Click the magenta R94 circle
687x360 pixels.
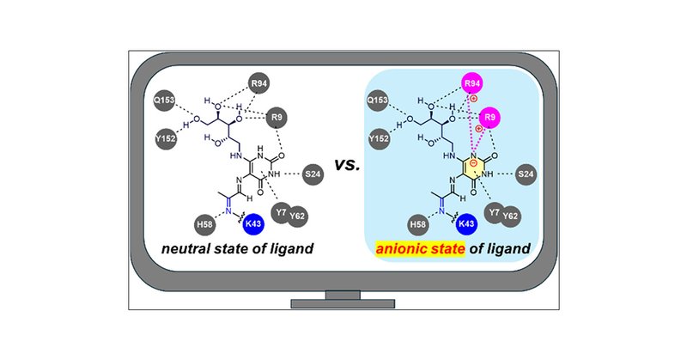click(x=471, y=84)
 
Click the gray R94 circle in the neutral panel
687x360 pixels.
click(x=258, y=84)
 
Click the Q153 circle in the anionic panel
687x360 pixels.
click(x=377, y=101)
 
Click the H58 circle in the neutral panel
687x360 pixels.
click(x=205, y=225)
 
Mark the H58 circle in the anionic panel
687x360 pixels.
click(x=418, y=225)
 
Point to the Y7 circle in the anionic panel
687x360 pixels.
click(x=493, y=209)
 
